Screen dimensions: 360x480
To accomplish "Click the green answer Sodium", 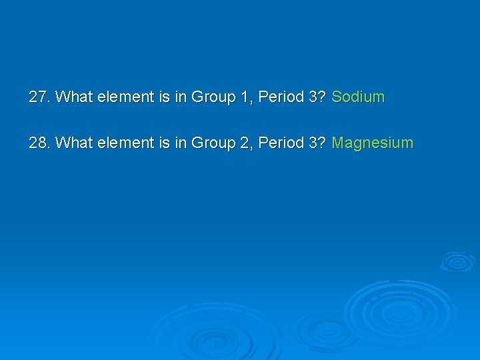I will (x=358, y=97).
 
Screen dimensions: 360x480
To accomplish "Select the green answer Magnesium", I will (x=372, y=143).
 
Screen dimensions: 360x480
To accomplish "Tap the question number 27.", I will (x=39, y=97).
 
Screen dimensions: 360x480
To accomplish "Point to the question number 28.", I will (x=39, y=143).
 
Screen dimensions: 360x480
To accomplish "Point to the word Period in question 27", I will (x=281, y=97).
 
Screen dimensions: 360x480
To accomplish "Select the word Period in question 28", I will (x=281, y=143).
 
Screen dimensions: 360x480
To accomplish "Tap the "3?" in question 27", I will (x=317, y=97).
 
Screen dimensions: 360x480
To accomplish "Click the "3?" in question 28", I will (x=317, y=143).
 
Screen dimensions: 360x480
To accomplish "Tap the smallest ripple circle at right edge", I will (x=457, y=261).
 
